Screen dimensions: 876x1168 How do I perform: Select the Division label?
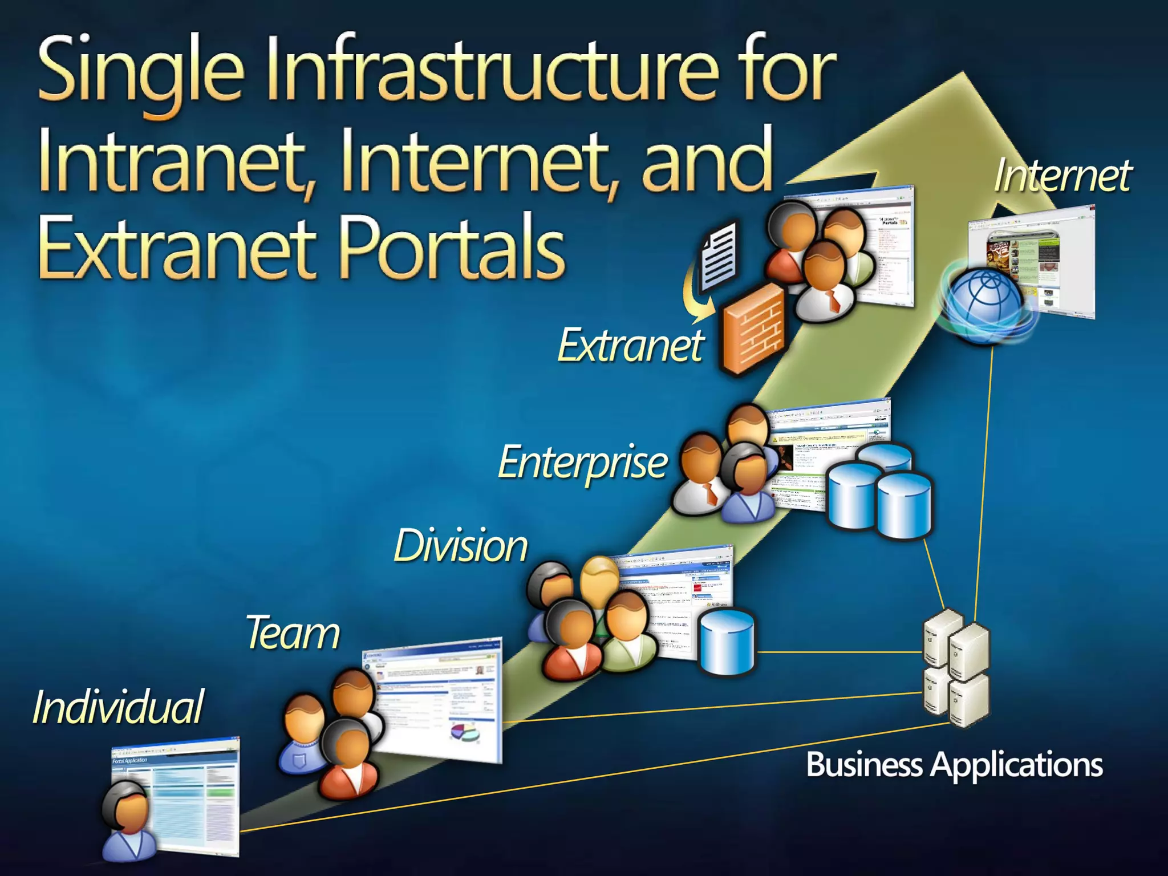461,546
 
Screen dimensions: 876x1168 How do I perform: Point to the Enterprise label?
582,463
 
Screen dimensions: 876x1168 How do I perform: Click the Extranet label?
631,345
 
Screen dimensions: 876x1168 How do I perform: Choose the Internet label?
1062,175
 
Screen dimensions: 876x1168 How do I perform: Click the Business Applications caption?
954,764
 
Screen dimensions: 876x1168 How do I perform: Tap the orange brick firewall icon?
753,328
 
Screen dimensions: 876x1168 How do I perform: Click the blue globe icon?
985,305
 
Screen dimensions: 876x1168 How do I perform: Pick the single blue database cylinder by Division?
727,642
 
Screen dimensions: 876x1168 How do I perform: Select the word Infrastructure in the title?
493,71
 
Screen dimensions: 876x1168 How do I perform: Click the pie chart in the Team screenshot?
465,732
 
